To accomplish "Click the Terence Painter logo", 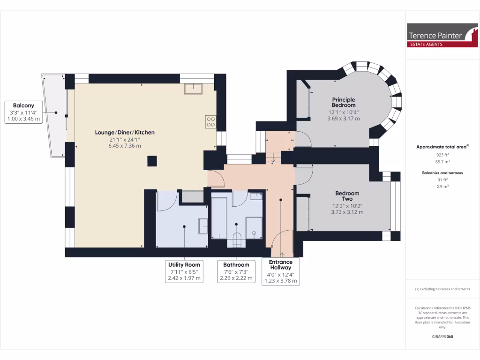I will [x=442, y=36].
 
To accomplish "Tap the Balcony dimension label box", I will [x=23, y=112].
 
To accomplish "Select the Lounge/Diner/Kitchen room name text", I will [x=125, y=133].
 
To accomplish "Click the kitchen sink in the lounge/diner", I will [x=193, y=89].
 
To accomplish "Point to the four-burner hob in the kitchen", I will [x=210, y=122].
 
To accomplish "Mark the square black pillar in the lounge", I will [x=152, y=161].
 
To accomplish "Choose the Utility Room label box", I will [x=184, y=271].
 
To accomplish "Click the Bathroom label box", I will [x=236, y=271].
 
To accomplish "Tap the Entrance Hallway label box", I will [x=280, y=271].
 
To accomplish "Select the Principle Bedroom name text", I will [x=344, y=102].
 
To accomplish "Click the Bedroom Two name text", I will [x=347, y=196].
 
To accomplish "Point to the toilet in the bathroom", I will [x=236, y=239].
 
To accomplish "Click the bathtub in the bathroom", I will [x=219, y=217].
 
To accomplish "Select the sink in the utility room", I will [x=203, y=226].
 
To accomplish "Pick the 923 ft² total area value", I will [x=442, y=154].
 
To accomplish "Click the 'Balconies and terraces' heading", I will [x=442, y=173].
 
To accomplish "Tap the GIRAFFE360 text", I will [x=442, y=337].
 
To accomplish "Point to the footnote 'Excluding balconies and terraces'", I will [x=442, y=289].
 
